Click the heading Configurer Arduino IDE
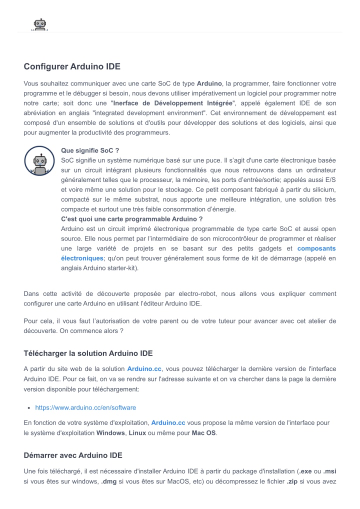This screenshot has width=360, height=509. [x=72, y=66]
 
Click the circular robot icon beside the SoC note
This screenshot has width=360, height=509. [x=39, y=161]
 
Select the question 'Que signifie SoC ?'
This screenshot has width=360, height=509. [x=89, y=150]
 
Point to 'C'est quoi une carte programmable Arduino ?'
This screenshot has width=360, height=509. [x=131, y=219]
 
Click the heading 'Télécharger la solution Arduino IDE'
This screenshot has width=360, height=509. [x=88, y=353]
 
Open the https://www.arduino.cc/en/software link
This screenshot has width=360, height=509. [x=85, y=407]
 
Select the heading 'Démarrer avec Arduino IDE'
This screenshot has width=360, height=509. [x=73, y=455]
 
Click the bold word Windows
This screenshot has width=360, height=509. [x=110, y=432]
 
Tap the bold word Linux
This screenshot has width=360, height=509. [x=137, y=432]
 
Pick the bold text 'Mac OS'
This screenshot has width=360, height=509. [x=204, y=432]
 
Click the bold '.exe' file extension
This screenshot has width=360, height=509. [x=305, y=471]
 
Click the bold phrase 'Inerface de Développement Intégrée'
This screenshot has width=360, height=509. [x=173, y=103]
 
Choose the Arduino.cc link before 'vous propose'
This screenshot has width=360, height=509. [x=168, y=422]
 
